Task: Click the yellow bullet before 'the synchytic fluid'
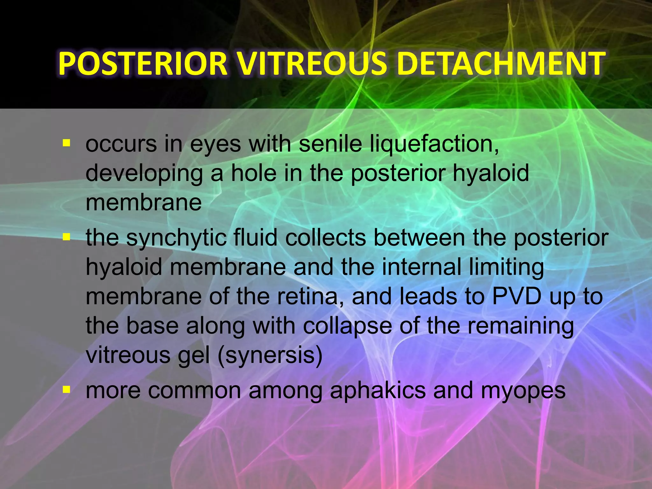(x=66, y=237)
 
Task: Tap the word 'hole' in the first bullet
(x=253, y=173)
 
